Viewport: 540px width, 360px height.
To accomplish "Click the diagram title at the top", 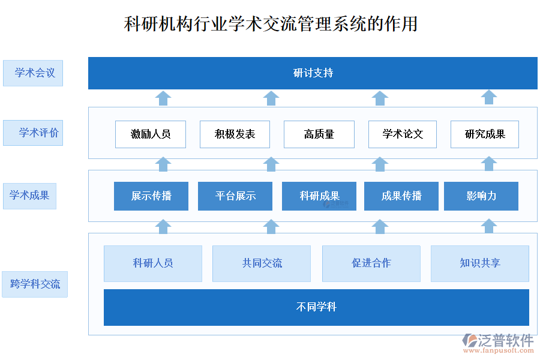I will pyautogui.click(x=270, y=23).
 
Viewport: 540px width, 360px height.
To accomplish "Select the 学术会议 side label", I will pyautogui.click(x=33, y=73).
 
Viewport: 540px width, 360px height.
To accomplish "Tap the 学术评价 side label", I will pyautogui.click(x=33, y=133).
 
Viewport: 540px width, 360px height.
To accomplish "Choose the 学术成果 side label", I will pyautogui.click(x=29, y=196).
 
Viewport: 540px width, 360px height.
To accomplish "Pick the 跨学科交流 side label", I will pyautogui.click(x=35, y=284).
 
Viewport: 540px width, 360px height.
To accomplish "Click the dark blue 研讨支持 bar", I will pyautogui.click(x=313, y=73).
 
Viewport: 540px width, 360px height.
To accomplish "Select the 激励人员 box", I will pyautogui.click(x=151, y=134).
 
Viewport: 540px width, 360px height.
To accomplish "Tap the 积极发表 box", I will pyautogui.click(x=235, y=134).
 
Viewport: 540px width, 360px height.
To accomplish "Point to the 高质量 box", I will pyautogui.click(x=319, y=134).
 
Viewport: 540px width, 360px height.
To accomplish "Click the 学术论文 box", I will pyautogui.click(x=403, y=134).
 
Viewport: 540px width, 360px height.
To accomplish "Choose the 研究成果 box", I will pyautogui.click(x=485, y=134).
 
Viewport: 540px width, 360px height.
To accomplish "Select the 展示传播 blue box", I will pyautogui.click(x=151, y=196).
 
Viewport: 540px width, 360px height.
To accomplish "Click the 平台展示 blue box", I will pyautogui.click(x=235, y=196).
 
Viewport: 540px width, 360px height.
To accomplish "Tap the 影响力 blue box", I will pyautogui.click(x=481, y=196).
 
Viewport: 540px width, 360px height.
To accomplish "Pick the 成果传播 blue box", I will pyautogui.click(x=401, y=196).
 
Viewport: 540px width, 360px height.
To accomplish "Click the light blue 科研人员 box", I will pyautogui.click(x=152, y=263).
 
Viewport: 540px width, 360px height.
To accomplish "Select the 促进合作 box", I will pyautogui.click(x=371, y=263).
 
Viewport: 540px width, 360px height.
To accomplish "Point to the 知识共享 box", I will pyautogui.click(x=480, y=263).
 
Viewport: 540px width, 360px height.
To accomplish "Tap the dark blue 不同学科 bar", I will pyautogui.click(x=316, y=307).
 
